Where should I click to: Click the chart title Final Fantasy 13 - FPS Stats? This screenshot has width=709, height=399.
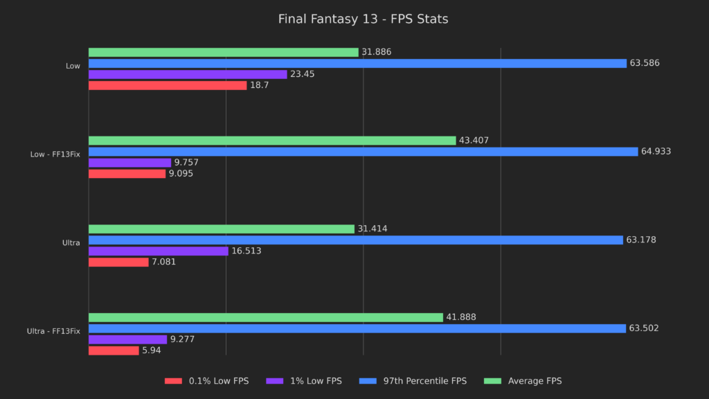pos(363,19)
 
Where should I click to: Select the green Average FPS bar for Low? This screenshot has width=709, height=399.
pos(223,52)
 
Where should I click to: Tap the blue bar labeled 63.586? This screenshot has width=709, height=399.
pos(357,63)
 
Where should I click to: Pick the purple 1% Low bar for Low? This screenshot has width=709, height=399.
pos(187,74)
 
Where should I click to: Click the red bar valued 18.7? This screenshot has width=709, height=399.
pos(167,85)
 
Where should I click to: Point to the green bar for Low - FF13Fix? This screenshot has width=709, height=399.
pos(271,141)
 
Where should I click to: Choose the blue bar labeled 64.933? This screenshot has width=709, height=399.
pos(363,152)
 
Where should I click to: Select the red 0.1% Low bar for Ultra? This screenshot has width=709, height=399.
pos(118,262)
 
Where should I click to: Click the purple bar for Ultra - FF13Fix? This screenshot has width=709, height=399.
pos(127,339)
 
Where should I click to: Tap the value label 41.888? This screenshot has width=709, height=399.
pos(461,317)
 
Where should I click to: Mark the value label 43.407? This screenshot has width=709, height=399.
pos(474,141)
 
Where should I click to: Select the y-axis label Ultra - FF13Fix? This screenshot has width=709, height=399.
pos(53,331)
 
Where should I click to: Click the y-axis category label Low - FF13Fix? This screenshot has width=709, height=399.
pos(55,154)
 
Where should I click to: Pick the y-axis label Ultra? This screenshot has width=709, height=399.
pos(71,243)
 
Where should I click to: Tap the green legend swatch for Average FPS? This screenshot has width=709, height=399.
pos(492,381)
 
